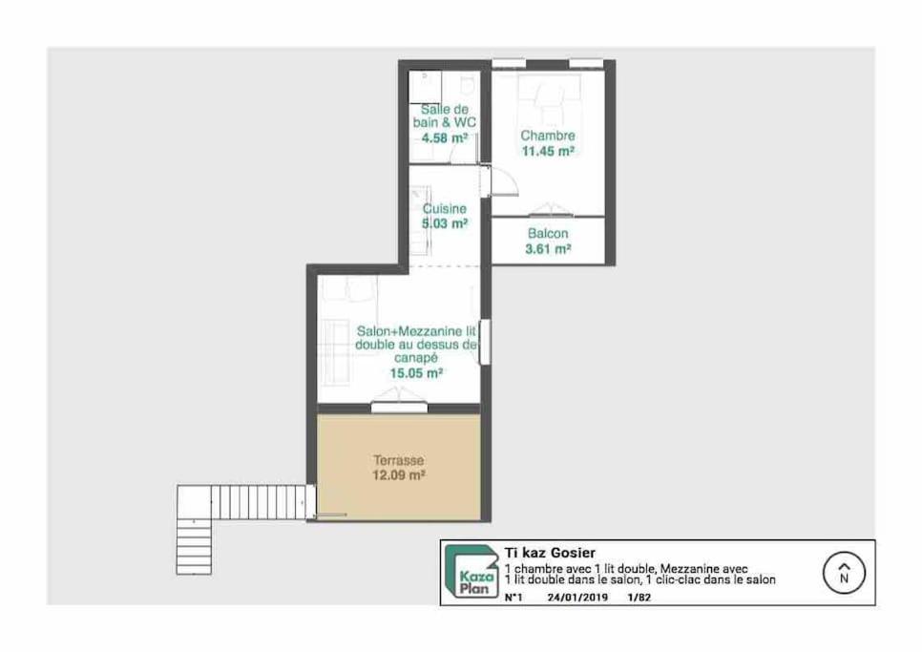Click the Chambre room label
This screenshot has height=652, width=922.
[x=548, y=136]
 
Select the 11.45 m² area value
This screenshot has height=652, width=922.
[x=548, y=151]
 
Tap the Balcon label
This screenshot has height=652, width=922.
[x=548, y=234]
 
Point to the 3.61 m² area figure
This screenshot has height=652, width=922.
[x=548, y=249]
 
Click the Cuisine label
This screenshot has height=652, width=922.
[x=445, y=209]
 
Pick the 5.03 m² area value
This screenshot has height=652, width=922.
[x=445, y=223]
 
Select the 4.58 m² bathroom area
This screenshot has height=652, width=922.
[x=445, y=138]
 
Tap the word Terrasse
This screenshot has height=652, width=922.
[x=399, y=460]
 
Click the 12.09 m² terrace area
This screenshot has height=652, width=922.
[x=399, y=475]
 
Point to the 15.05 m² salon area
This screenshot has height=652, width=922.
[x=416, y=372]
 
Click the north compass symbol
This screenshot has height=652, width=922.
[x=845, y=573]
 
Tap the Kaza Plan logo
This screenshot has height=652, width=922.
[x=471, y=572]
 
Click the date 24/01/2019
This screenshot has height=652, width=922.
[x=577, y=598]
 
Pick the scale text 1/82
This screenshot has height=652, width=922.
[x=639, y=598]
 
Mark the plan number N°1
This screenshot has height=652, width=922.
[x=513, y=598]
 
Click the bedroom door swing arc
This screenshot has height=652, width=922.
[x=512, y=179]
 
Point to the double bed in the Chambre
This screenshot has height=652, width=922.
[x=549, y=98]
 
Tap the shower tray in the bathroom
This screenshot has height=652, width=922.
[x=425, y=88]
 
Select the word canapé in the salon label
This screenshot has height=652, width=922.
[x=416, y=358]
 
